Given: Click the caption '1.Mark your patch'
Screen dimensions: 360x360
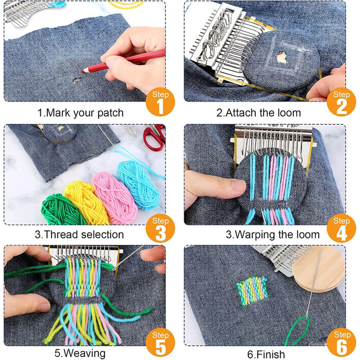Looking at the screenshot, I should (81, 113).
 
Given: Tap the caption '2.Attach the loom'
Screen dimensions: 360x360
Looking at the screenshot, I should (259, 113).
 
